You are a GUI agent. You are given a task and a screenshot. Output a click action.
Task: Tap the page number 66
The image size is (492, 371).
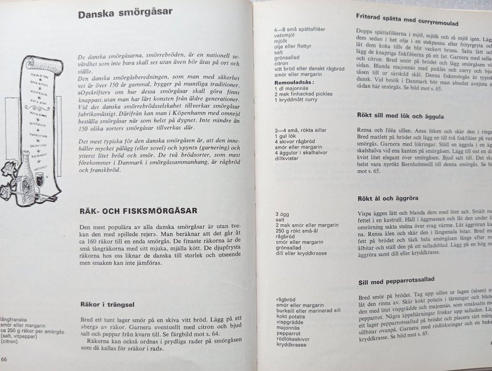[x=4, y=359]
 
